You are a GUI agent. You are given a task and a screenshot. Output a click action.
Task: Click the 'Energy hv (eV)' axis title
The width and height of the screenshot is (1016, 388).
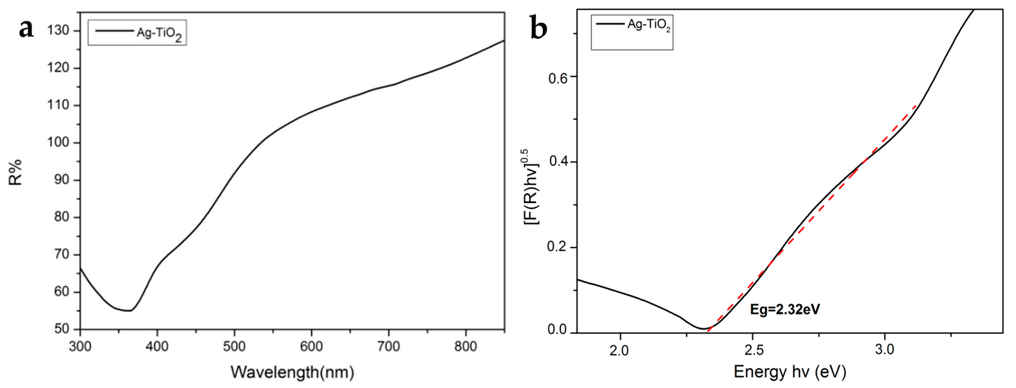(790, 372)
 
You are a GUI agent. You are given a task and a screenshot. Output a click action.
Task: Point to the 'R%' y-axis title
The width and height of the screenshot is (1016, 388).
(16, 173)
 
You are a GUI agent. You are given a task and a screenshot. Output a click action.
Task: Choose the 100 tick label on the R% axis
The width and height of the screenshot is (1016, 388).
(58, 142)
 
